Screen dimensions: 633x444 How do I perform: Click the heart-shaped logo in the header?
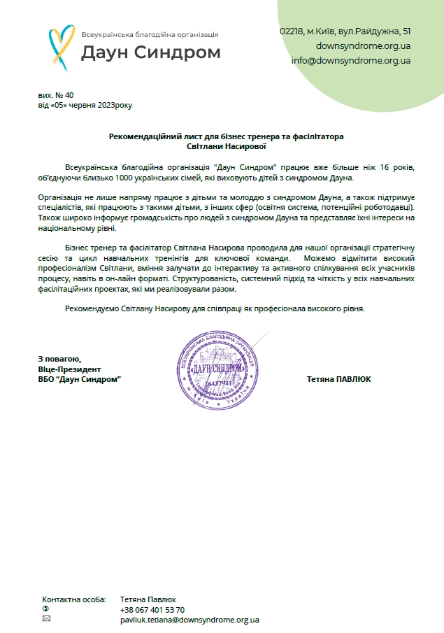coord(61,44)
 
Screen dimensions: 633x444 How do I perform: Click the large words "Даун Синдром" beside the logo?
coord(150,52)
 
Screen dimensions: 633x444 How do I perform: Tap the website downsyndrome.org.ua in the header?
coord(363,46)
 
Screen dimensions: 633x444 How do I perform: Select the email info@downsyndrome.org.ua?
coord(351,60)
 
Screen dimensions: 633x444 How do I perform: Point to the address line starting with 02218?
coord(345,31)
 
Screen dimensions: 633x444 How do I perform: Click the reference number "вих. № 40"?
coord(56,95)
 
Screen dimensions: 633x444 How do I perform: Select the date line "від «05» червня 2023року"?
coord(85,106)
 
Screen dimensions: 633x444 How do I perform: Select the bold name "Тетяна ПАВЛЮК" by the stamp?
coord(338,379)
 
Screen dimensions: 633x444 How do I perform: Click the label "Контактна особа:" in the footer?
coord(74,599)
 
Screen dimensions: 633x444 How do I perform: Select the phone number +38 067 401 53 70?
coord(152,610)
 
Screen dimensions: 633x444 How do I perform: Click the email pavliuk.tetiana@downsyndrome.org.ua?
coord(190,620)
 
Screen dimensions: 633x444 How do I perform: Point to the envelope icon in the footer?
coord(46,619)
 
